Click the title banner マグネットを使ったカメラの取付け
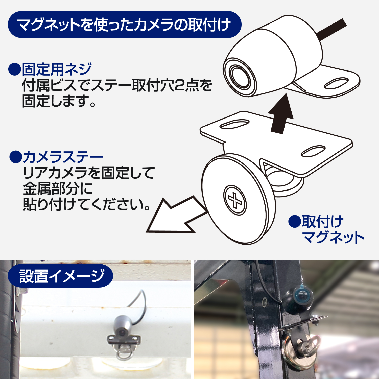(125, 25)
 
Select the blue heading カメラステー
(63, 157)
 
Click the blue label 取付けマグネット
(333, 229)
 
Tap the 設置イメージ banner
(60, 276)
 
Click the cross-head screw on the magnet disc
(235, 200)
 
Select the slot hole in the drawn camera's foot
(336, 83)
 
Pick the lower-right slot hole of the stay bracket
(313, 151)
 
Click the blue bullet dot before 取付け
(295, 221)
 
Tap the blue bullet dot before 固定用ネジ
(14, 69)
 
